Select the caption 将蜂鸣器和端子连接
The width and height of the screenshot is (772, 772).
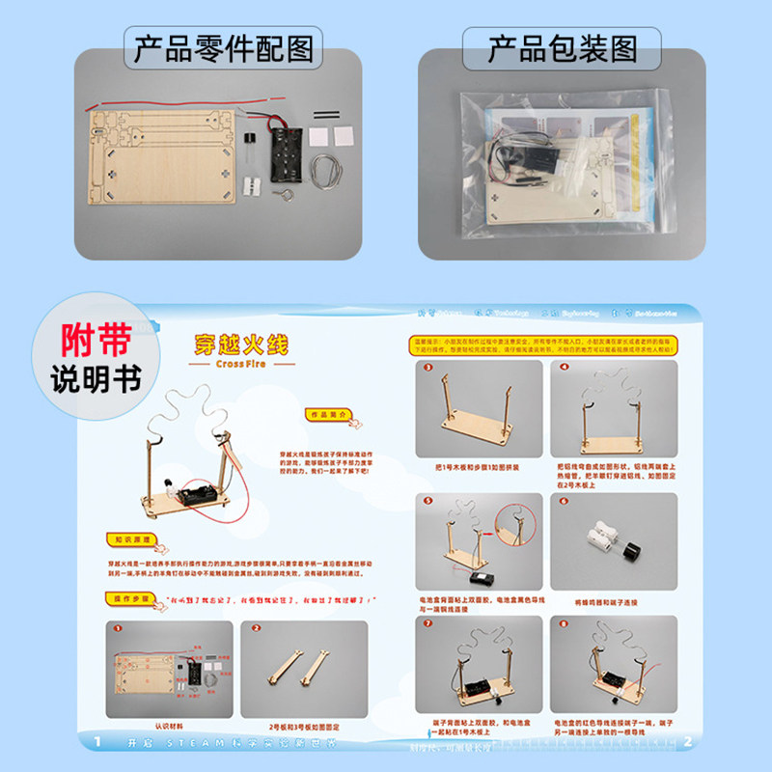pyautogui.click(x=612, y=602)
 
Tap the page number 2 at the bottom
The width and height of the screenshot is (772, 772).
pyautogui.click(x=686, y=741)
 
